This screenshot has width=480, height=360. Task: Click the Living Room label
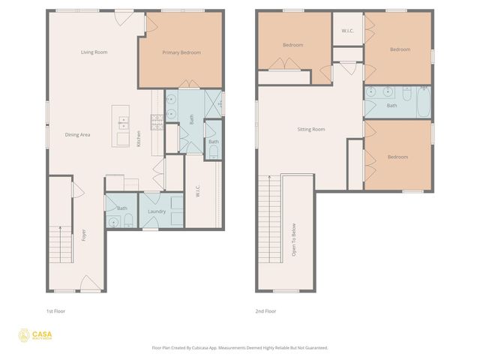point(95,52)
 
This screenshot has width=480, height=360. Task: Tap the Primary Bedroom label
point(181,52)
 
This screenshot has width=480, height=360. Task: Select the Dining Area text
point(77,135)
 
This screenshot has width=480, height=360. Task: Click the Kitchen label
point(139,139)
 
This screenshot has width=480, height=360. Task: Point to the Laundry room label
point(156,211)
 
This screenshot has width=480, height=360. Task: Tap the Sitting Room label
point(310,130)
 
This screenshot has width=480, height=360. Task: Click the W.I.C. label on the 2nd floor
point(347,31)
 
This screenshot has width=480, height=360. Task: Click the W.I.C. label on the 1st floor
point(198,191)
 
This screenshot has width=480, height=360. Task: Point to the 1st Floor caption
point(56,310)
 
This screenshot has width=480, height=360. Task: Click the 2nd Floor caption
point(265,310)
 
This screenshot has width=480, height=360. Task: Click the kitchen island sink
point(123,124)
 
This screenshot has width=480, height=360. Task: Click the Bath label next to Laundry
point(121,208)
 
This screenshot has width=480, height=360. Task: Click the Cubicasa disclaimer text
point(240,347)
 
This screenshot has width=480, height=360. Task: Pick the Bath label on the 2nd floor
point(391,106)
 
